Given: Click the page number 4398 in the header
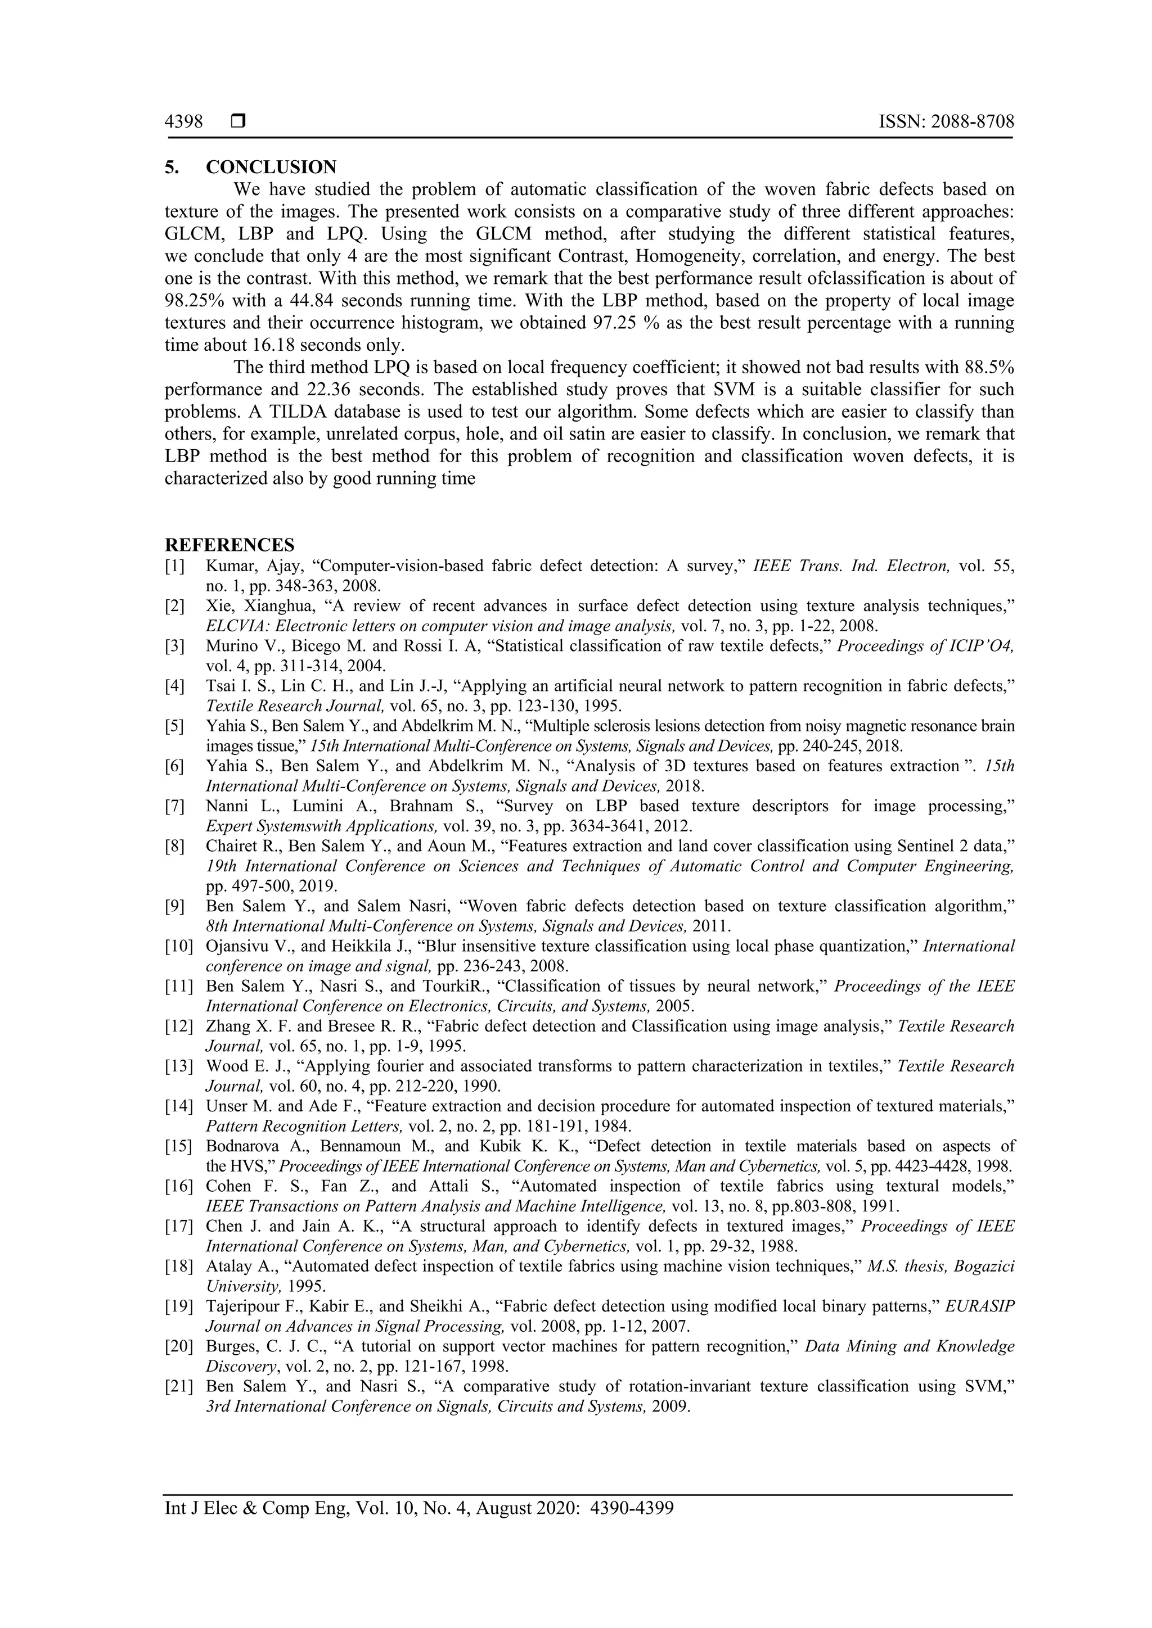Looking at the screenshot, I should pyautogui.click(x=184, y=122).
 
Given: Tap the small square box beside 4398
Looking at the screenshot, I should pyautogui.click(x=237, y=122).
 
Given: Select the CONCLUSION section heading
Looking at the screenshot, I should pyautogui.click(x=271, y=168).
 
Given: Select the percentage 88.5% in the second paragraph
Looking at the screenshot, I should pyautogui.click(x=989, y=367).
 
